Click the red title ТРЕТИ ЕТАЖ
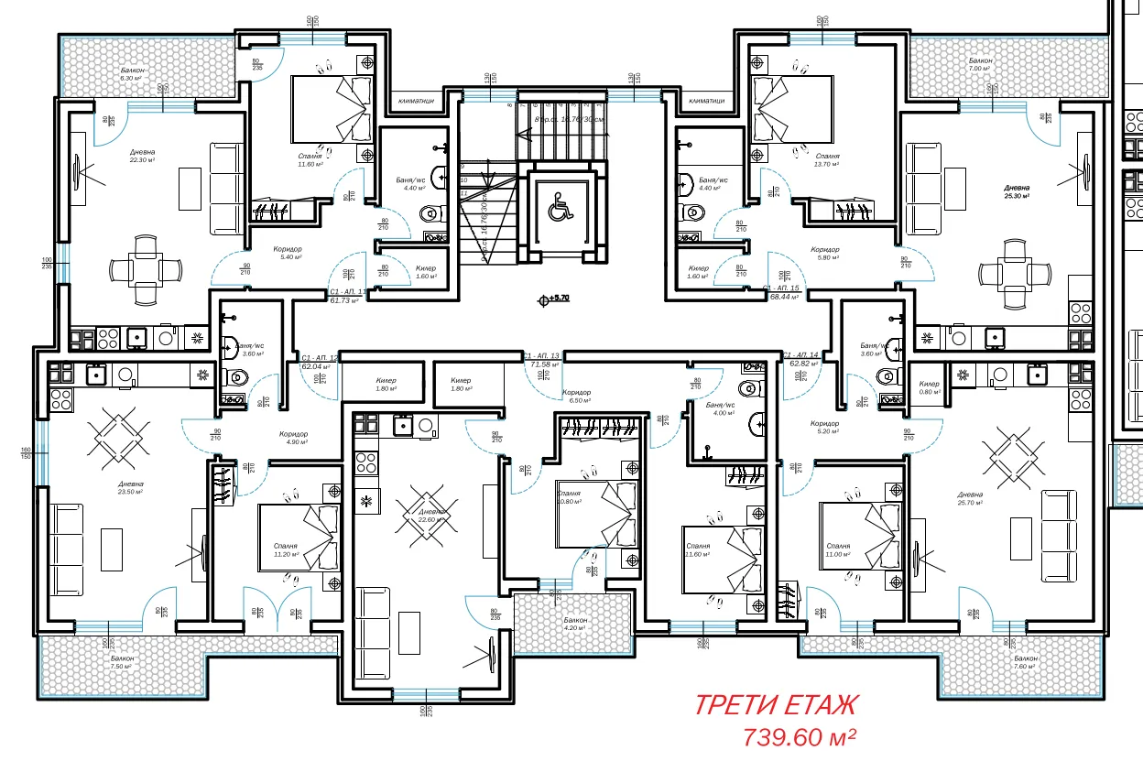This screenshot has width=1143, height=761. pyautogui.click(x=777, y=705)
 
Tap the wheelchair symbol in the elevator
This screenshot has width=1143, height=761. pyautogui.click(x=558, y=208)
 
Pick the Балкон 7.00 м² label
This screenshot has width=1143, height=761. pyautogui.click(x=981, y=64)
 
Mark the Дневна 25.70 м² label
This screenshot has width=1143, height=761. pyautogui.click(x=970, y=498)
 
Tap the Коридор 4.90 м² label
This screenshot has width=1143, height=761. pyautogui.click(x=293, y=439)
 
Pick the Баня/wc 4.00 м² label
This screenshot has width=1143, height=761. pyautogui.click(x=720, y=408)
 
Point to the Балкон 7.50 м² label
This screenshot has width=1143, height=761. pyautogui.click(x=123, y=662)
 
